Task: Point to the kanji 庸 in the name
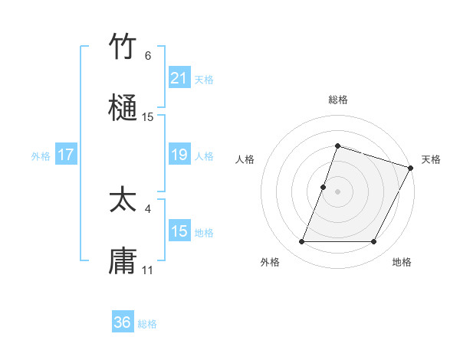123,260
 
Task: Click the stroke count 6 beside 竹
148,56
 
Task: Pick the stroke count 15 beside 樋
148,117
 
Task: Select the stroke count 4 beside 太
148,208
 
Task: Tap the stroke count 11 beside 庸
148,270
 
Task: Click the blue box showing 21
179,78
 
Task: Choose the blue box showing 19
179,155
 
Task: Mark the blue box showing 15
179,231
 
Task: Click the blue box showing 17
66,155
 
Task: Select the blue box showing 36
123,322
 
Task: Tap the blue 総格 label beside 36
147,324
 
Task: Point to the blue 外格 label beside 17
41,156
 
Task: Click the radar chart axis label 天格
431,159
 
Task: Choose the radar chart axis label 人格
245,159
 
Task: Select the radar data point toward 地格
373,242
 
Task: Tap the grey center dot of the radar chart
337,191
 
